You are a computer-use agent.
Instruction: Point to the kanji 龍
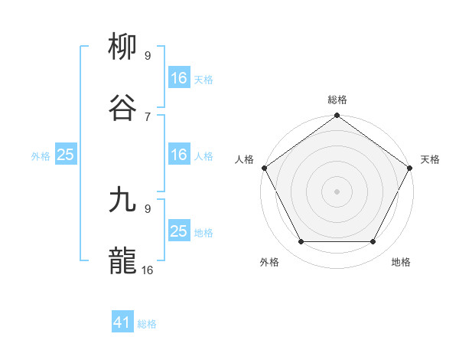coord(122,260)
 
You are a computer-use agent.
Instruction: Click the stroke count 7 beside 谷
coord(148,116)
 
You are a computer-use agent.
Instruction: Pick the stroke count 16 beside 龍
coord(148,269)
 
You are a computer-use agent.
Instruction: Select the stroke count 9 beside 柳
coord(148,55)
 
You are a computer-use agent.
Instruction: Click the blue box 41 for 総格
coord(122,322)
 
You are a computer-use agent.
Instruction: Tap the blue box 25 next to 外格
coord(65,155)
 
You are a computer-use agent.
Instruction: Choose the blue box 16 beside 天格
coord(178,78)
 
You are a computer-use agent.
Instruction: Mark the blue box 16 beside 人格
coord(178,155)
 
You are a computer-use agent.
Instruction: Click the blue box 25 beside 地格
coord(178,231)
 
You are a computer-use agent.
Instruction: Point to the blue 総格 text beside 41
coord(147,324)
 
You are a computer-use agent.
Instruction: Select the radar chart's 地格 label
coord(401,262)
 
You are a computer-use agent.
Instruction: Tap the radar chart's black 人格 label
coord(245,159)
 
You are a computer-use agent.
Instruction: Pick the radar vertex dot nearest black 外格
coord(301,242)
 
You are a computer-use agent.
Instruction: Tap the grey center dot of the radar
coord(337,191)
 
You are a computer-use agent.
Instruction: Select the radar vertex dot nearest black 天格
coord(410,168)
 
